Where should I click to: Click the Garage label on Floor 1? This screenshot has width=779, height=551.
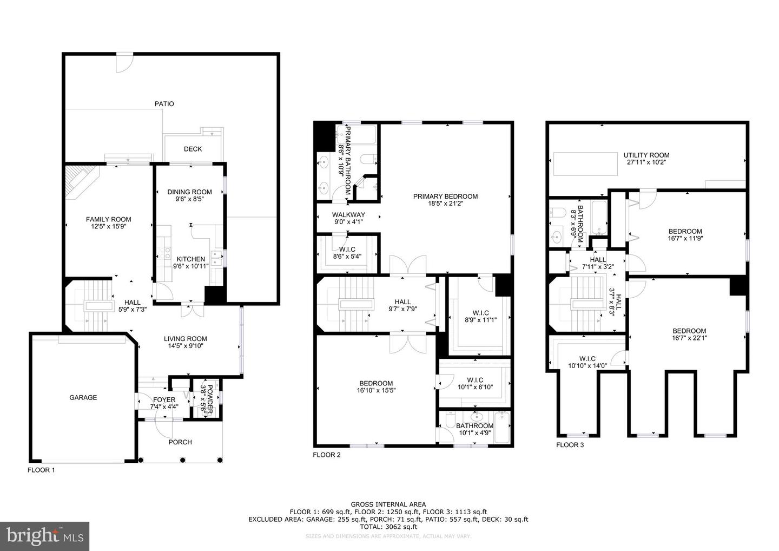[83, 397]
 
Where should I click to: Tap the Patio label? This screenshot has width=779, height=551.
[164, 103]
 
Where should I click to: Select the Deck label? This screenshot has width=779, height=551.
[193, 149]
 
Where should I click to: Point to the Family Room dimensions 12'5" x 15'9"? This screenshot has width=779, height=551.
[108, 227]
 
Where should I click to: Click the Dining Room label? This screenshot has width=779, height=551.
[189, 192]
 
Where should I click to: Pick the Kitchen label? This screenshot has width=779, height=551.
[190, 259]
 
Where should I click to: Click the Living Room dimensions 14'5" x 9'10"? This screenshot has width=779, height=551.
[186, 346]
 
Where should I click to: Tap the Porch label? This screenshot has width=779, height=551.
[180, 442]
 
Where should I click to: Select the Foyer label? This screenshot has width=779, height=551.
[163, 399]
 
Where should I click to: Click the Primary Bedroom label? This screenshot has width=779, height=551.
[445, 196]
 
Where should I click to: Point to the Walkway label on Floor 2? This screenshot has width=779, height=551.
[348, 214]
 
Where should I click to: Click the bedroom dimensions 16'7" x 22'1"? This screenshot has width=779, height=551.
[689, 338]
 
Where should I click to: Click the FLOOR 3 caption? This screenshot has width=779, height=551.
[570, 445]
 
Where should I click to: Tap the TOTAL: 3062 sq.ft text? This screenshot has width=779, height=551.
[388, 526]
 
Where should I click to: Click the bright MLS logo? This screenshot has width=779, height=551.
[45, 536]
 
